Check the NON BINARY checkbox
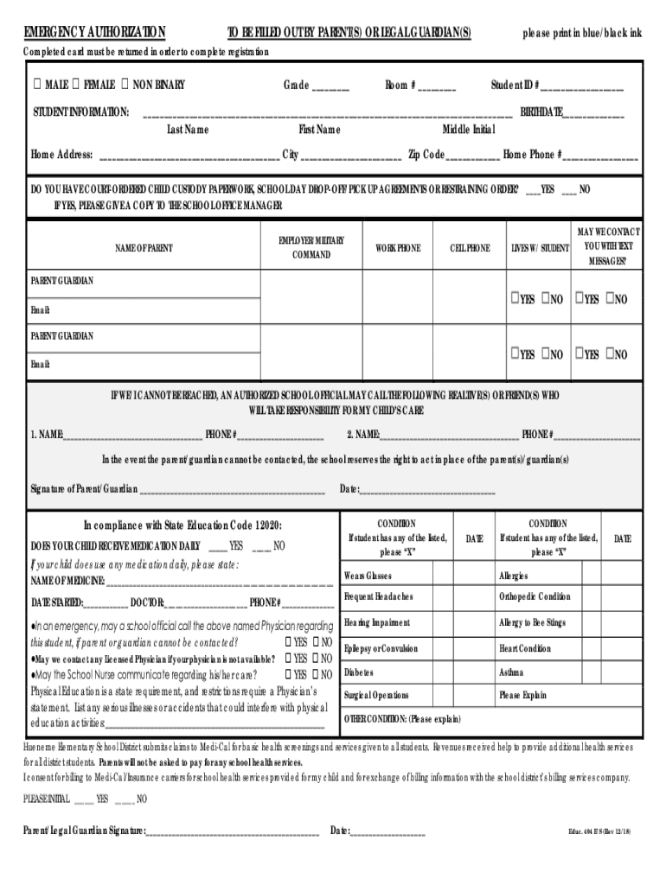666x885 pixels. (x=126, y=85)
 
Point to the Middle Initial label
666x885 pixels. (x=469, y=130)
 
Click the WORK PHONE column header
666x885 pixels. (x=398, y=248)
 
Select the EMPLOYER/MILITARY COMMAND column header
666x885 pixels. (x=311, y=247)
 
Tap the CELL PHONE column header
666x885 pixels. (x=470, y=248)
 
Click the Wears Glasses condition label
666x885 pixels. (x=368, y=576)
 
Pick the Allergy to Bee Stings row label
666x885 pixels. (x=533, y=622)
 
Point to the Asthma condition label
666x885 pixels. (x=511, y=672)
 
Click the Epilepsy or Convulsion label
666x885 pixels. (x=381, y=648)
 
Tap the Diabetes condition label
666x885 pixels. (x=359, y=672)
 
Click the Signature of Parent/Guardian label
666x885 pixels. (x=84, y=489)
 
